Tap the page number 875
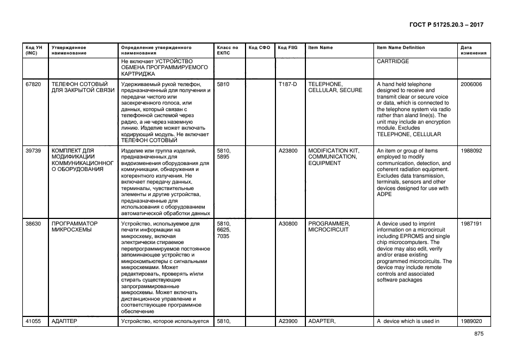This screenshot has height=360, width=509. [x=479, y=334]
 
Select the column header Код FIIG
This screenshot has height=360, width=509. [x=287, y=48]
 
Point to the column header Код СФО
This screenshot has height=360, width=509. [x=259, y=48]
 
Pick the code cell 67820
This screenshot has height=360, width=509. [x=33, y=84]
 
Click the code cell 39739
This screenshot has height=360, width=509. [x=33, y=151]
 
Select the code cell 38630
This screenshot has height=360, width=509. [x=33, y=224]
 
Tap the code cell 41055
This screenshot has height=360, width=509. [x=33, y=321]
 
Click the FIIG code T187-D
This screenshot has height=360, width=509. [x=287, y=84]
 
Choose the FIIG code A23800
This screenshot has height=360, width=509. [x=288, y=151]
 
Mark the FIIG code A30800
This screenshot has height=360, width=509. [x=288, y=224]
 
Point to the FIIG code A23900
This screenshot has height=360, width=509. [x=288, y=321]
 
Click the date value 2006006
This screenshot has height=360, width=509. [x=471, y=84]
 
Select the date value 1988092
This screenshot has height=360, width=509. [x=471, y=151]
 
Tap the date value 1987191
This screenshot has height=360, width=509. [x=471, y=224]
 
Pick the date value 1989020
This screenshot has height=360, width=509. [x=471, y=321]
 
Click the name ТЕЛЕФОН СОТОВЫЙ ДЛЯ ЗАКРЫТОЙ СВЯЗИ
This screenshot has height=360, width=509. [x=83, y=87]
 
